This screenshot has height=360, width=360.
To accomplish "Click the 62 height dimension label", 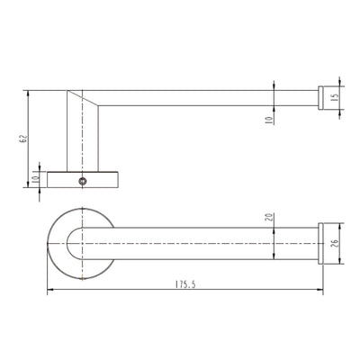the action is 23,139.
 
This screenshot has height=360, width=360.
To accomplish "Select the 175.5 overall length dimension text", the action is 185,284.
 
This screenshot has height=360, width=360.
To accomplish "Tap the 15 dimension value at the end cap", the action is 336,97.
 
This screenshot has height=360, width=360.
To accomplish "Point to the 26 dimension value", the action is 336,243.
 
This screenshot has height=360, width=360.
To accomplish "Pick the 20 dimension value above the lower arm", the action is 269,217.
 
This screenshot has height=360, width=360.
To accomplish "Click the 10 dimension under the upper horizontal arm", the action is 270,120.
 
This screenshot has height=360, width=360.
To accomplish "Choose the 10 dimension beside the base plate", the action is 35,179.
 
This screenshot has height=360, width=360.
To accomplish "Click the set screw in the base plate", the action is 83,181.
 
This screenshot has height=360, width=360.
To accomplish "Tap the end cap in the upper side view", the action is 320,98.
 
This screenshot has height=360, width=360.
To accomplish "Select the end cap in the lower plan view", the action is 320,243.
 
